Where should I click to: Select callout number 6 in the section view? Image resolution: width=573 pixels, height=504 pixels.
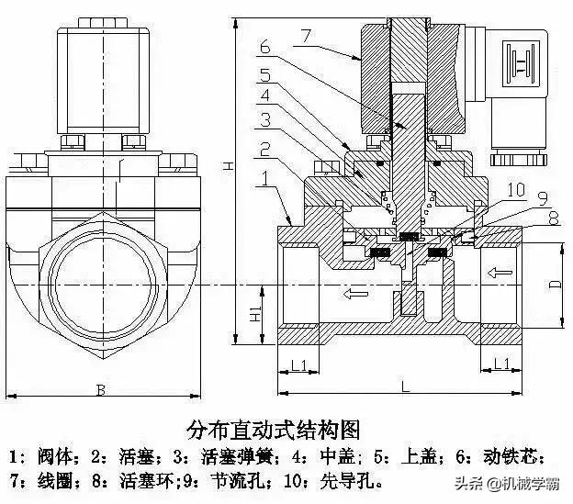pos(264,46)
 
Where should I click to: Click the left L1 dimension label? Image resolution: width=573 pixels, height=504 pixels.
pos(298,365)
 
